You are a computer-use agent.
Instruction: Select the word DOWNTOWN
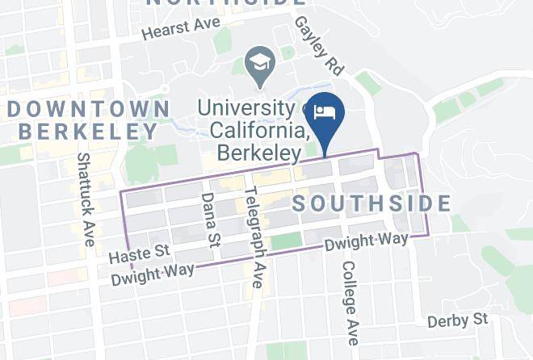point(88,108)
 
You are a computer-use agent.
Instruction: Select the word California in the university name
point(257,130)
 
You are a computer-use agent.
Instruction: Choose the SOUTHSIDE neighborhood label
point(371,203)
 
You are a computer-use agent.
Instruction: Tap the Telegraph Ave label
point(254,237)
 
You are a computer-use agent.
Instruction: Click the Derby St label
point(459,320)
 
